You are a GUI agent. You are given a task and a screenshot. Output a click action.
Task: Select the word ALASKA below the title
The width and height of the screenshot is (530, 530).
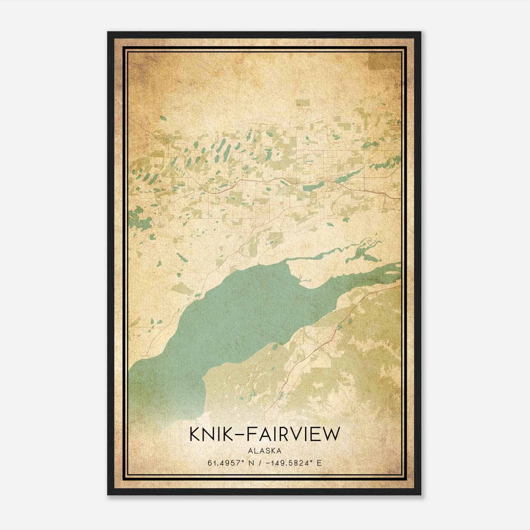click(x=265, y=451)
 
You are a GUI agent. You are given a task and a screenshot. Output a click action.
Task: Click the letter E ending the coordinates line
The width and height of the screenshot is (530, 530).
click(x=319, y=463)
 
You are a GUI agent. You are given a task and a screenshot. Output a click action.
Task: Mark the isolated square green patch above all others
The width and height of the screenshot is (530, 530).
click(x=302, y=103)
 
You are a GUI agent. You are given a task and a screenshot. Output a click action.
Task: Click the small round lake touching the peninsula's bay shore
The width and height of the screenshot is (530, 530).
click(x=275, y=346)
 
